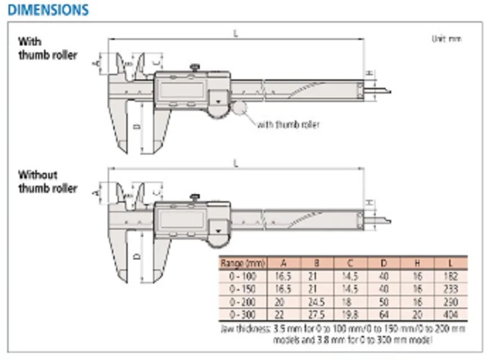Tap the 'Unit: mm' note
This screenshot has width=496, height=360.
[446, 39]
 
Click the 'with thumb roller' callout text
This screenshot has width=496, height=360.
[288, 124]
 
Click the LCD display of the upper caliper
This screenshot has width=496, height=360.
[182, 88]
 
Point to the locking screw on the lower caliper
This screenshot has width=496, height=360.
[195, 197]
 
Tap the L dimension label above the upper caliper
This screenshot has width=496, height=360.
[236, 34]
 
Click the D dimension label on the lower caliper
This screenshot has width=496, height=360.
[137, 256]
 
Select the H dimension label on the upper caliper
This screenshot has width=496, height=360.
[369, 74]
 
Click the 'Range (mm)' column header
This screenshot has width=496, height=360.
[243, 263]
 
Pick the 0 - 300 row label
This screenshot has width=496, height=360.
[243, 313]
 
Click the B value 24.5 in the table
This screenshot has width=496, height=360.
[316, 300]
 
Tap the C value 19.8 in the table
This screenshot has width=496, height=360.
[350, 313]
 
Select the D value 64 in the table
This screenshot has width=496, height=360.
[383, 313]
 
